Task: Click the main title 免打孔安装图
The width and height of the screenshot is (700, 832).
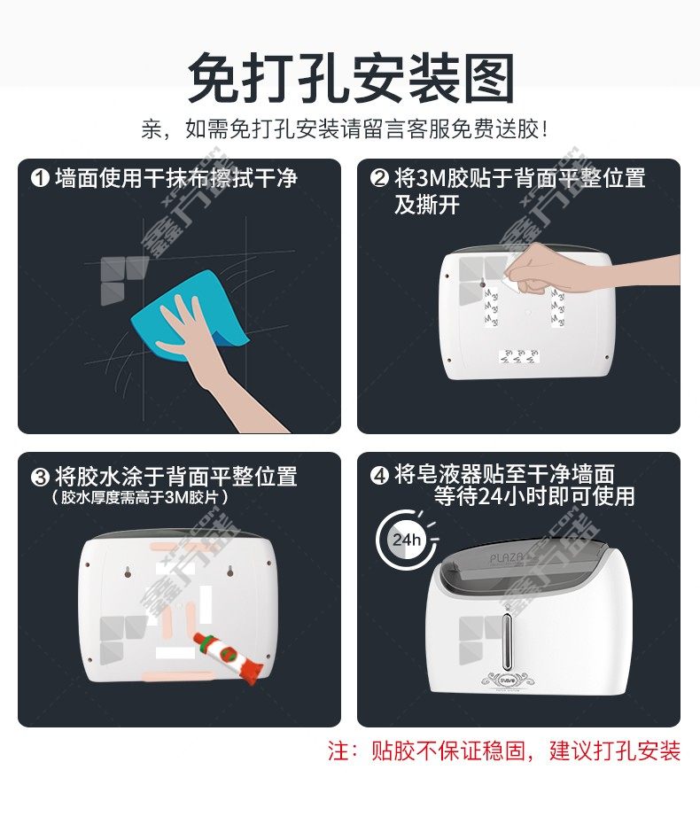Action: coord(351,78)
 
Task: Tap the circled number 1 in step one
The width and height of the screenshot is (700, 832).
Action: coord(41,178)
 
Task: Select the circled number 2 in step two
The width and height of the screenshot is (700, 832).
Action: coord(379,178)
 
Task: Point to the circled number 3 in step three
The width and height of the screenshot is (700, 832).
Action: coord(41,477)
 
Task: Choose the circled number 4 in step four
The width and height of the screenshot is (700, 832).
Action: coord(379,475)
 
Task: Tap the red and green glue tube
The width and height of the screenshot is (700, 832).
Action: coord(228,657)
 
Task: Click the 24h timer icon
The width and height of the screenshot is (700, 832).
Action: coord(407,540)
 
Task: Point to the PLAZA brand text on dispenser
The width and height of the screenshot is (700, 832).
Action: coord(506,557)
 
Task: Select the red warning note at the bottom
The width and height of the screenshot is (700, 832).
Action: coord(503,751)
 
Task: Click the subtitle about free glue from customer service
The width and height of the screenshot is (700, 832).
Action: coord(345,129)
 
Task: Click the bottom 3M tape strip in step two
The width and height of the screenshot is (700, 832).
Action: coord(518,356)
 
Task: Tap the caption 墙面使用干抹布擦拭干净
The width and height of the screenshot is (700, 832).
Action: coord(176,178)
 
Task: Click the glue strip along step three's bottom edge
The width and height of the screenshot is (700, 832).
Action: coord(179,677)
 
